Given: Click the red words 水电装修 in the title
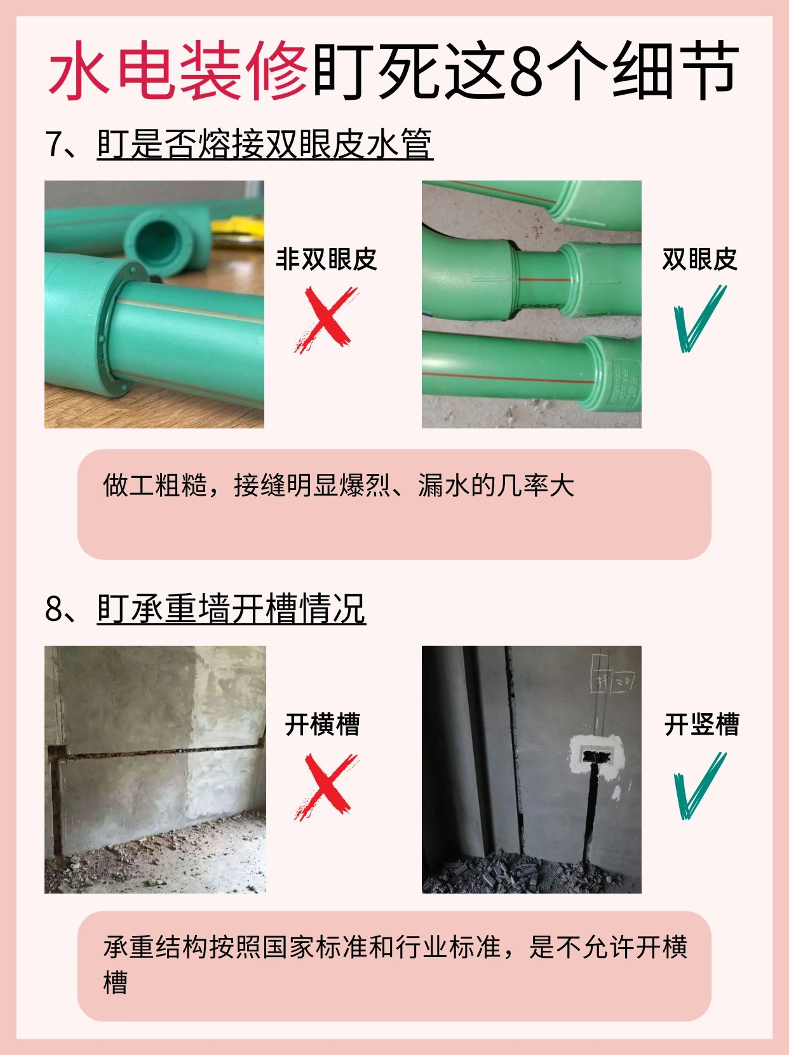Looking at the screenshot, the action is point(177,71).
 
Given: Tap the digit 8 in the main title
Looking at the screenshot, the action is point(526,72).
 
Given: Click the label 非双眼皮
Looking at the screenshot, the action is point(326,259).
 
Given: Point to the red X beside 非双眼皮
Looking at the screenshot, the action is point(326,319).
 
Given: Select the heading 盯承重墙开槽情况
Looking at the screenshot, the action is point(231,609).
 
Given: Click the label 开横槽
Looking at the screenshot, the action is point(322,725).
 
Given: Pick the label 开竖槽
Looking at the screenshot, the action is point(701,725).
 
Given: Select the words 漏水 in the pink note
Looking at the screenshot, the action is point(443,486).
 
